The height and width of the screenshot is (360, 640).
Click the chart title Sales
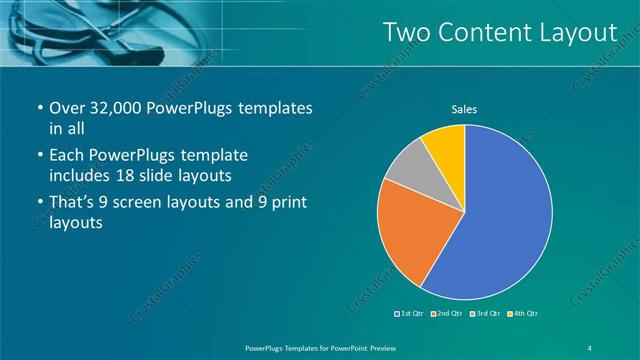(464, 108)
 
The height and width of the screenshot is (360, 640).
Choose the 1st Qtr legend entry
(411, 314)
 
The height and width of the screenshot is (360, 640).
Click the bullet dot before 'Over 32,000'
(38, 109)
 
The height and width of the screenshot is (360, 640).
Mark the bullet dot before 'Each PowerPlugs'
(38, 157)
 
